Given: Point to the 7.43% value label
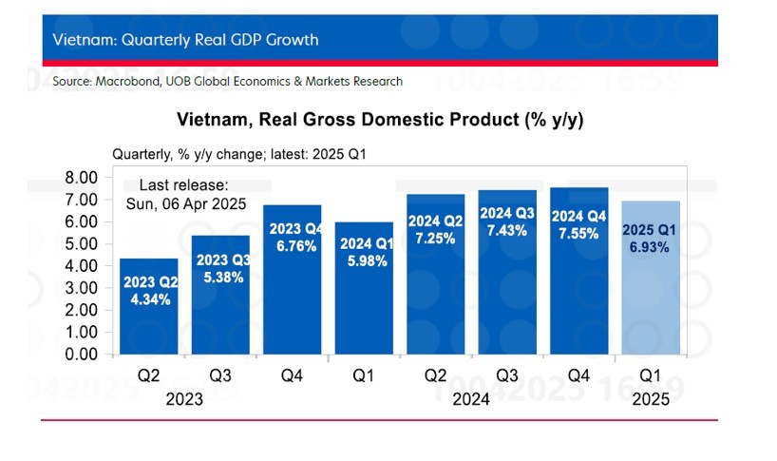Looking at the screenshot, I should point(506,230).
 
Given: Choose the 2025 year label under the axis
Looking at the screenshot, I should point(651,400).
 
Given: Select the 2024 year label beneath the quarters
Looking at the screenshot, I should point(471,400).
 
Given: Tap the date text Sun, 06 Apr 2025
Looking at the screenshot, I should point(186,203).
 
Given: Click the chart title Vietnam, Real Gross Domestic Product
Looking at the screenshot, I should point(379,121).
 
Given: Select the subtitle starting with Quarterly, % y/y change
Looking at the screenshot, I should point(246,154).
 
